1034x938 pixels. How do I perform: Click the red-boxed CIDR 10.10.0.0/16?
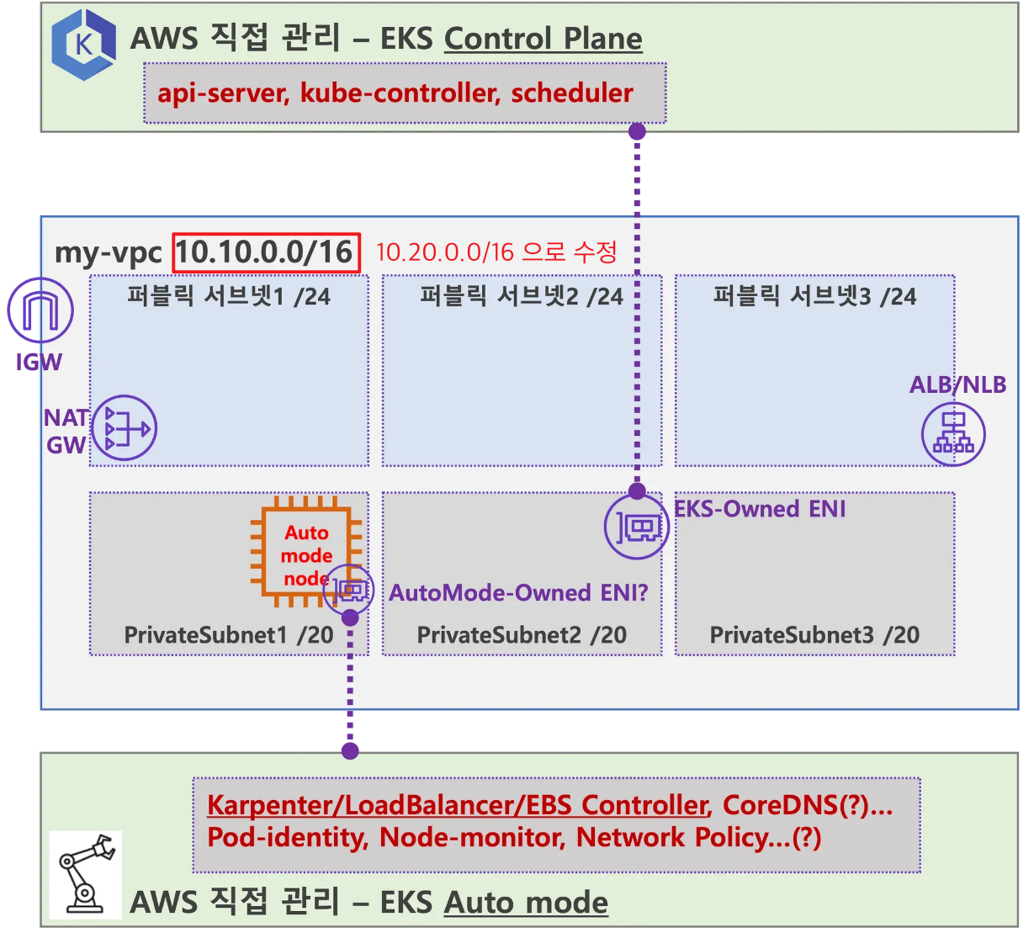coord(266,252)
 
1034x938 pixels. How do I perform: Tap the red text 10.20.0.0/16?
coord(443,252)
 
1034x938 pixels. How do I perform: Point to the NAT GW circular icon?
coord(124,429)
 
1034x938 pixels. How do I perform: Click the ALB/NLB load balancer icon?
coord(952,434)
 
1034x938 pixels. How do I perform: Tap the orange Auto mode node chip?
coord(305,554)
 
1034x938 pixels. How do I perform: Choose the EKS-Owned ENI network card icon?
coord(636,528)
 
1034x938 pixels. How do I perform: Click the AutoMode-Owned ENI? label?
coord(518,593)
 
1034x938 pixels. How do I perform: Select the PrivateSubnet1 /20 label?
coord(229,635)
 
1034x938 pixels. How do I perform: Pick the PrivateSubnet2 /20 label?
coord(522,635)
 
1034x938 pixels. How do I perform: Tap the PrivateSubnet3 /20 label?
coord(814,635)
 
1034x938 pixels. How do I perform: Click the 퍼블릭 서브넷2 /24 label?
coord(522,296)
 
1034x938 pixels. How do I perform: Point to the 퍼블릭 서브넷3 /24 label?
coord(814,296)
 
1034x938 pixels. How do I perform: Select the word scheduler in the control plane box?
coord(572,93)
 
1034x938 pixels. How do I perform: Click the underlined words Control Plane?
coord(543,39)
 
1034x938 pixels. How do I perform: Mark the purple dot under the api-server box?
coord(637,131)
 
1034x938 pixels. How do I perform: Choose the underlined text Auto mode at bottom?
coord(526,903)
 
